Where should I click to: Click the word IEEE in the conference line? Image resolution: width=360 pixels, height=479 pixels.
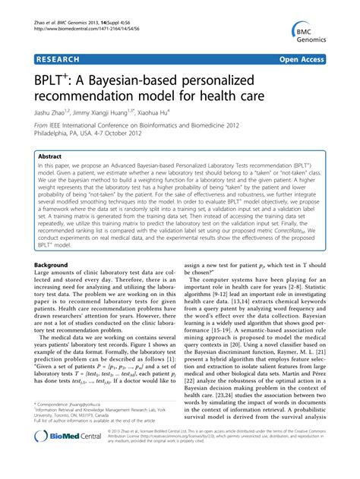coord(61,129)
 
